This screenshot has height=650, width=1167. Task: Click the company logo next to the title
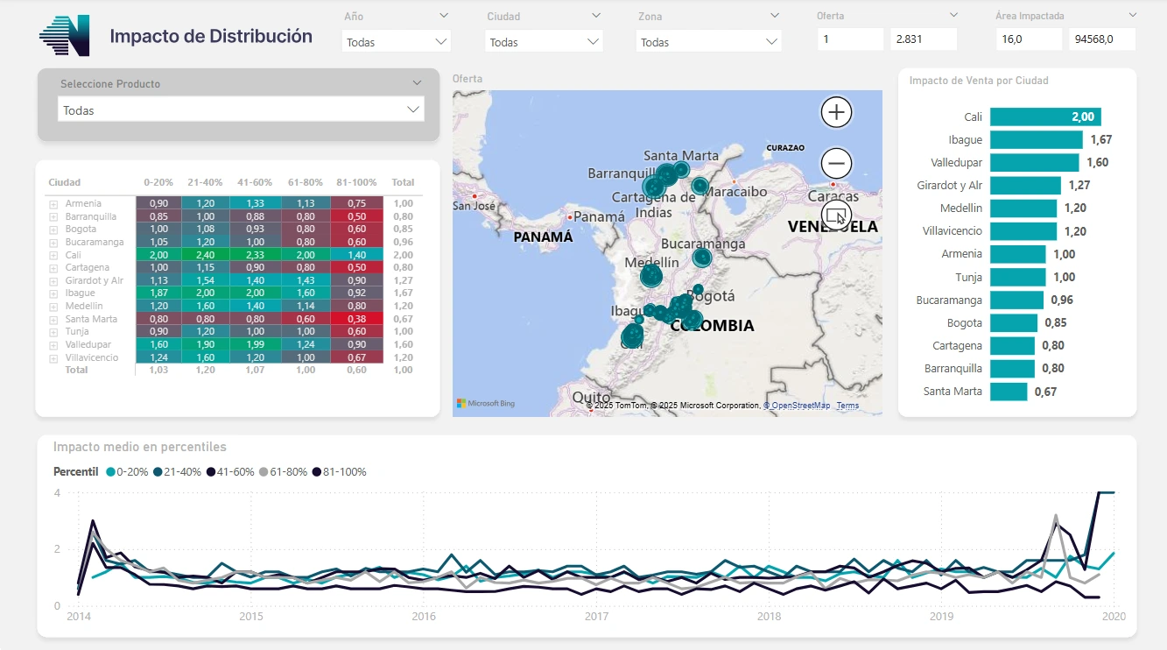pos(65,36)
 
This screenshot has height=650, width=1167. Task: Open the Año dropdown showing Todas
pos(397,41)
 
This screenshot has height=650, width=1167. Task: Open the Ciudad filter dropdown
pos(543,41)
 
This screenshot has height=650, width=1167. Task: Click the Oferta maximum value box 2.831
pos(923,39)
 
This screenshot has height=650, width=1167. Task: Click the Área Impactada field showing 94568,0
pos(1101,39)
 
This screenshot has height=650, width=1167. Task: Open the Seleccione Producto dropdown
pos(241,110)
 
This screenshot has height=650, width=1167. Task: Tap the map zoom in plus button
pos(836,112)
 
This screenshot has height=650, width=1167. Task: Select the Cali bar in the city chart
pos(1044,117)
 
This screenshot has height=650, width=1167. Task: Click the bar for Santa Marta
pos(1008,392)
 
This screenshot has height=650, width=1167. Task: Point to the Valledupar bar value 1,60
pos(1097,163)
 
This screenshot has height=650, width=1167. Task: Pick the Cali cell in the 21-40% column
pos(206,255)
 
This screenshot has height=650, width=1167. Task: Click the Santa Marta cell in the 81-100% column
pos(356,319)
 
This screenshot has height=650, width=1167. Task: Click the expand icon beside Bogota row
pos(53,230)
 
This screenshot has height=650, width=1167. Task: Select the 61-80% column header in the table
pos(306,183)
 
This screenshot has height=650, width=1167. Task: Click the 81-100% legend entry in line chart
pos(340,472)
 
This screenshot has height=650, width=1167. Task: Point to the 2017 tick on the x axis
pos(596,617)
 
